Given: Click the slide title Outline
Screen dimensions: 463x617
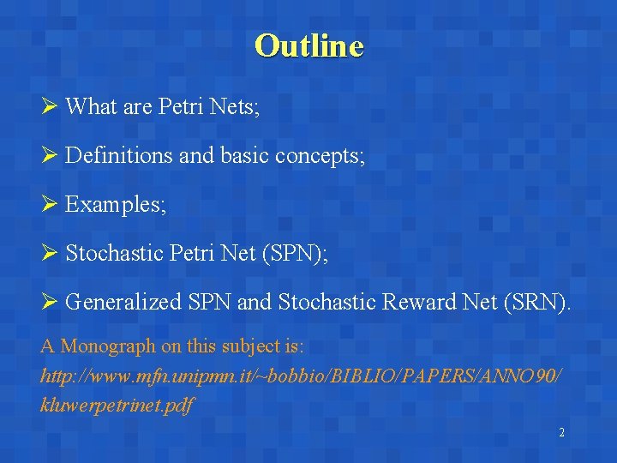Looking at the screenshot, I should point(308,45).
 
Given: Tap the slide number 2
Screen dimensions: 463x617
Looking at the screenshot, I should point(561,433).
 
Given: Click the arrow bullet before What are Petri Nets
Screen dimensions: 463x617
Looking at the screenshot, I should point(48,107).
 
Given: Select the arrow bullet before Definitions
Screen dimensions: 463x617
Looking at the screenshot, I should point(48,156).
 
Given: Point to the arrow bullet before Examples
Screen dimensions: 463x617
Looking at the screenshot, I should point(48,205).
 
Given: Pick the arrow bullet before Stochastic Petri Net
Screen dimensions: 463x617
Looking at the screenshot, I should point(48,254).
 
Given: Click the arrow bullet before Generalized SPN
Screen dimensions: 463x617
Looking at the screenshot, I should point(48,303).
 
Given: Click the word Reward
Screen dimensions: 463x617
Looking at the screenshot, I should point(406,303).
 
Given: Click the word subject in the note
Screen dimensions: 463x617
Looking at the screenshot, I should point(240,347).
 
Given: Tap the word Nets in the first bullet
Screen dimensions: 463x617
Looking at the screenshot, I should point(231,107).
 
